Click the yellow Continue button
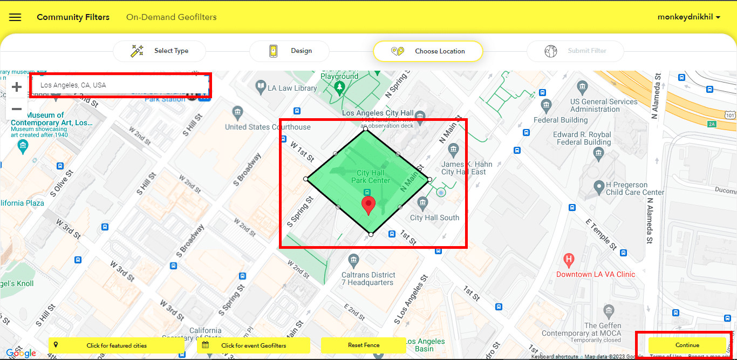pos(687,345)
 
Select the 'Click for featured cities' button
pos(116,345)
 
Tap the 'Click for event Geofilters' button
pos(253,345)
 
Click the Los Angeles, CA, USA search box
pos(120,85)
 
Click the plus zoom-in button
pos(17,87)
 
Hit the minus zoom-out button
pos(17,109)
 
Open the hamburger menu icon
pos(15,17)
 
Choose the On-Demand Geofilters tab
pos(172,17)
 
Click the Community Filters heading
pos(73,17)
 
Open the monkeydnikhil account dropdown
pos(689,17)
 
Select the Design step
pos(292,51)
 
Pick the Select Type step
pos(160,51)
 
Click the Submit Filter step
pos(576,51)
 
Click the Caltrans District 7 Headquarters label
pos(368,279)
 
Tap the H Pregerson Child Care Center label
pos(635,188)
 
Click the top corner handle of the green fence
pos(365,128)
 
